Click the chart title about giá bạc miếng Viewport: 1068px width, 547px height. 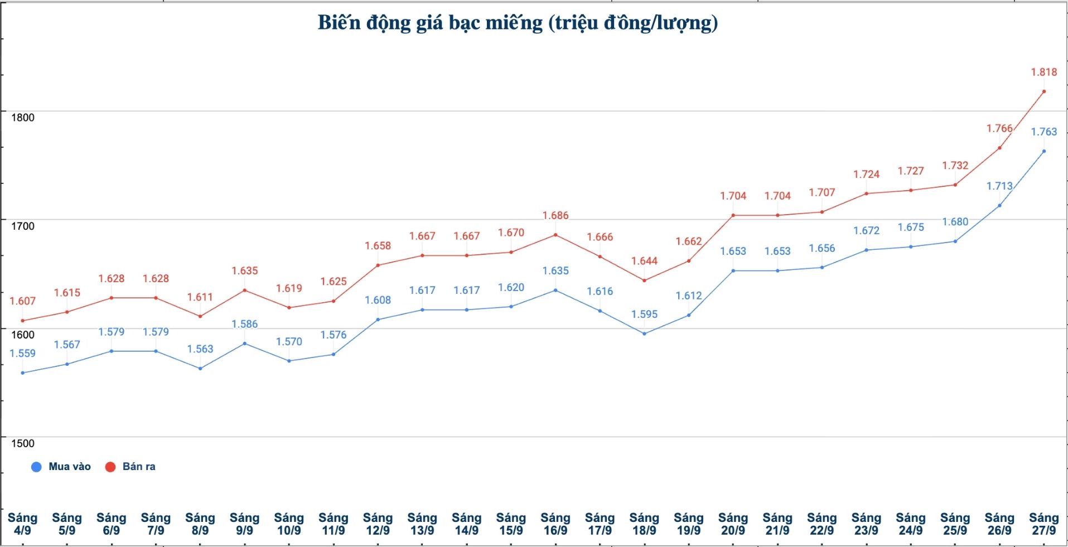pos(518,23)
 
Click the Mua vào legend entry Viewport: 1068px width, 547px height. pos(61,467)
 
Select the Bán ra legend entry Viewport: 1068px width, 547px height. pos(131,467)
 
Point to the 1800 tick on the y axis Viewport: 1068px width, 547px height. pos(22,118)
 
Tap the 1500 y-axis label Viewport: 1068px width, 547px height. pos(22,443)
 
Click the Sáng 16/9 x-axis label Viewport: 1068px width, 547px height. pos(555,524)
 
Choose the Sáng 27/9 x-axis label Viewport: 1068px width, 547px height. pos(1043,524)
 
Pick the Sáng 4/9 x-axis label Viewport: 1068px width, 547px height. pos(22,524)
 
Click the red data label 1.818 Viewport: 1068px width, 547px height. pos(1043,72)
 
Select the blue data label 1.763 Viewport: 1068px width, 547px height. pos(1043,132)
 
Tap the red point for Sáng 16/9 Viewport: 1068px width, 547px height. pos(555,235)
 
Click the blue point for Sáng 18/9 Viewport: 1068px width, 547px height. pos(644,334)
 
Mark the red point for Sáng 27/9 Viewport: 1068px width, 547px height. pos(1044,91)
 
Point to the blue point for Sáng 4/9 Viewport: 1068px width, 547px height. pos(22,373)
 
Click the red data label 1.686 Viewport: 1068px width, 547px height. pos(555,215)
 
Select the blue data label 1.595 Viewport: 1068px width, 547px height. pos(644,314)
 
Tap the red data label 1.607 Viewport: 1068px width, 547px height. pos(22,301)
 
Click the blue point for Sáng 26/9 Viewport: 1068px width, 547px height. pos(999,206)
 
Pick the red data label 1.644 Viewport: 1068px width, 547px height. pos(644,261)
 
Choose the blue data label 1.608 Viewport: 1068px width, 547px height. pos(378,300)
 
